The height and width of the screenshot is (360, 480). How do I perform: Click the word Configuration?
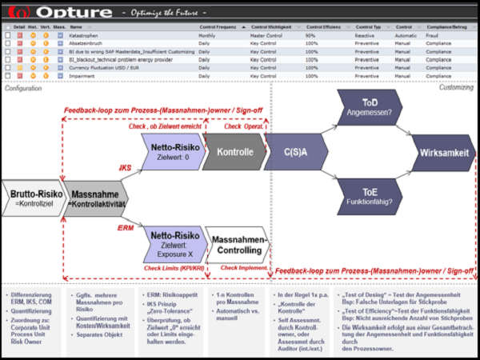[23, 88]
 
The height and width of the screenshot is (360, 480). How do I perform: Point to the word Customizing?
[458, 87]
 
